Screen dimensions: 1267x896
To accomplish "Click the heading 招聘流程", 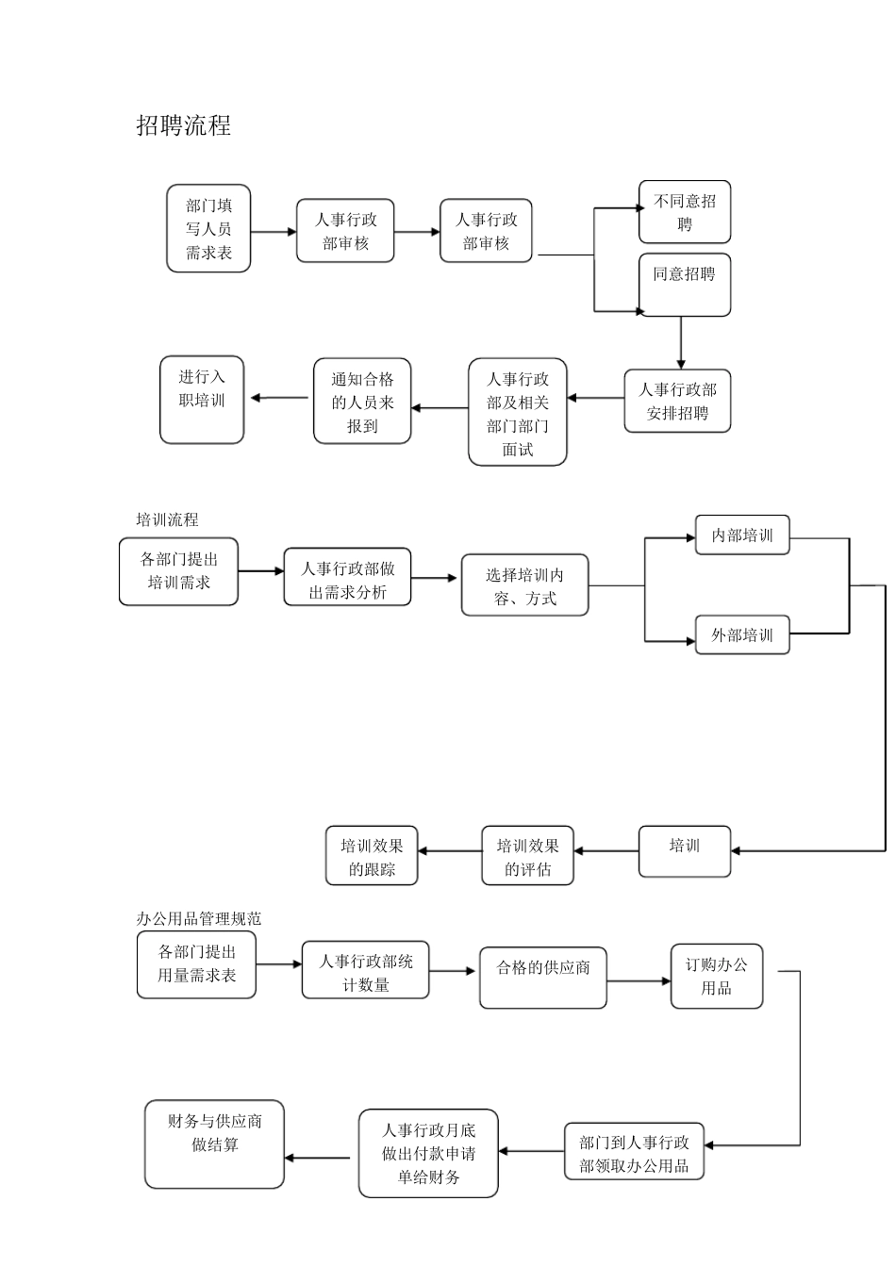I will click(x=184, y=125).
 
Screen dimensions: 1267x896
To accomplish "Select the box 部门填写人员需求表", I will click(x=208, y=228).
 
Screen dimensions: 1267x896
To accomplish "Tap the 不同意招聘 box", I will click(x=685, y=212).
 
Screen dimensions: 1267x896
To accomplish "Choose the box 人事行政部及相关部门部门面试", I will click(x=518, y=412).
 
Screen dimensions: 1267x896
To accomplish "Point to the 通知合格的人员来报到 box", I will click(x=362, y=401).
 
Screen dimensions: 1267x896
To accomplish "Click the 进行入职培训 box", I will click(x=202, y=399).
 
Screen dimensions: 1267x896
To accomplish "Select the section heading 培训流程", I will click(x=167, y=519).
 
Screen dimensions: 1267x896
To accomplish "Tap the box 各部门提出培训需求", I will click(x=178, y=571).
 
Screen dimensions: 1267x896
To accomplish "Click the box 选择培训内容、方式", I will click(x=524, y=585).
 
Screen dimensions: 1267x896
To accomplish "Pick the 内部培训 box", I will click(x=742, y=535).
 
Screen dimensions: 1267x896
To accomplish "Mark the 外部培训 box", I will click(x=742, y=635).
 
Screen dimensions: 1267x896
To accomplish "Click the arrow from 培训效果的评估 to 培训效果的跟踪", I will click(x=450, y=851).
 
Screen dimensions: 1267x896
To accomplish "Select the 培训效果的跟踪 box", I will click(x=372, y=856).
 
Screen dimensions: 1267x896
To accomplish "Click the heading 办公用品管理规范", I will click(x=199, y=918).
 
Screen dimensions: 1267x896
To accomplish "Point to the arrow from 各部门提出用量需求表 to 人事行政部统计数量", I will click(x=279, y=964).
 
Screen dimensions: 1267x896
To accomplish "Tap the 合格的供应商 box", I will click(x=543, y=978).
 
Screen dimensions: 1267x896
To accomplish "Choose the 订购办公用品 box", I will click(x=717, y=977).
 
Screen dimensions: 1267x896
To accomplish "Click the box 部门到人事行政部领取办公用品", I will click(x=635, y=1151).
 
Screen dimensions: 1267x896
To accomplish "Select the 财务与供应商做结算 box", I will click(x=215, y=1144).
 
